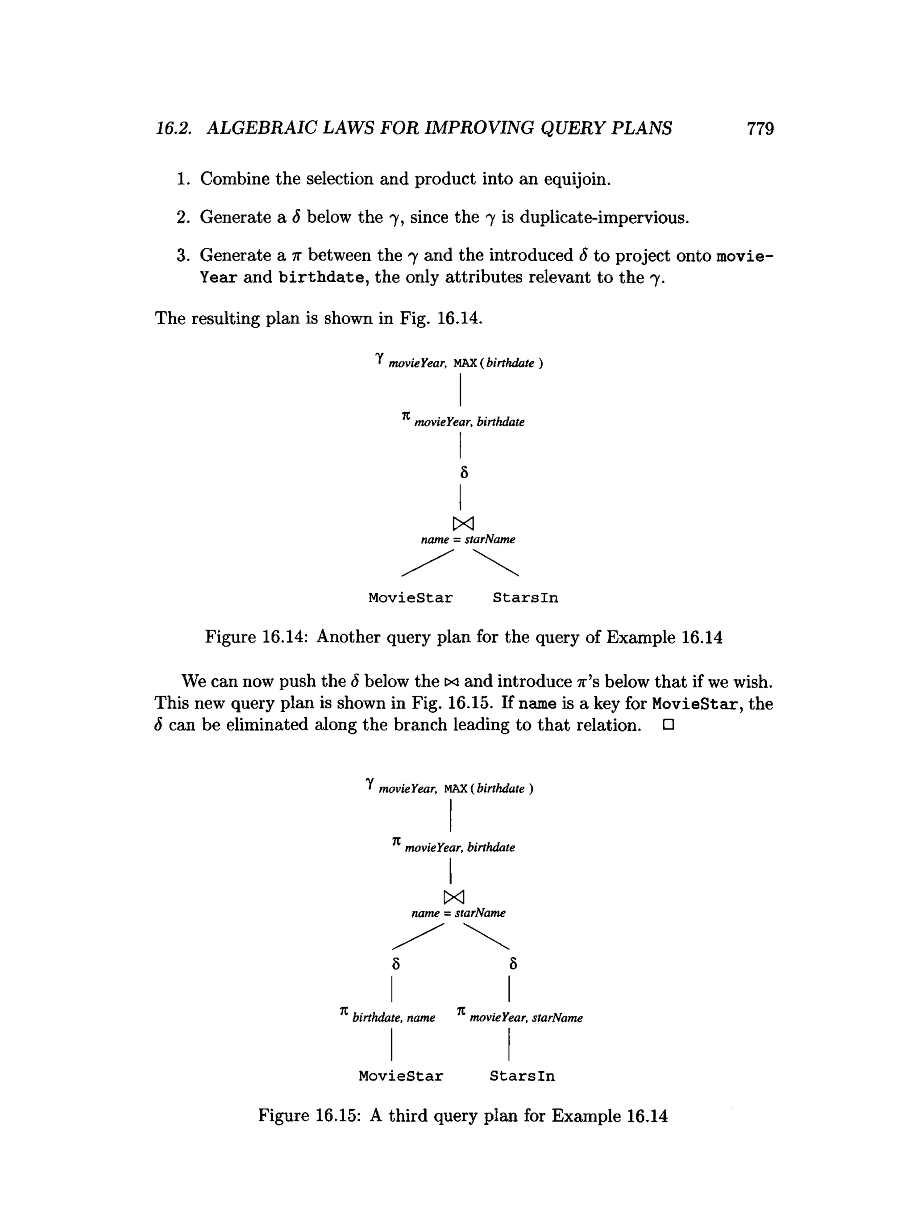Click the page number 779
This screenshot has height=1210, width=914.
tap(760, 129)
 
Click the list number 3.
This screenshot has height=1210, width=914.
tap(182, 255)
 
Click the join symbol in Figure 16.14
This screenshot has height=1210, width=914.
tap(463, 523)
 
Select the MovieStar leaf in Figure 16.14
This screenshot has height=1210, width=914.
tap(411, 598)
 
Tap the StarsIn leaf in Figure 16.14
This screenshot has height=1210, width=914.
tap(525, 598)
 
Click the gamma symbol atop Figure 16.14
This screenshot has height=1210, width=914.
tap(379, 358)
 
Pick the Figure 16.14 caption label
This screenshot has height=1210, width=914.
tap(257, 637)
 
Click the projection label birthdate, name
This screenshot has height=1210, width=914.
tap(394, 1018)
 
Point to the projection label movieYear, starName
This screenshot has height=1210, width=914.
tap(526, 1018)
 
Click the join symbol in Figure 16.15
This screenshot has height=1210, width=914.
tap(454, 897)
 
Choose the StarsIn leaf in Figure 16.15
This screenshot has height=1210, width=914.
tap(522, 1076)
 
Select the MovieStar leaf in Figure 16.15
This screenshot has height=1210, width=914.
tap(401, 1076)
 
